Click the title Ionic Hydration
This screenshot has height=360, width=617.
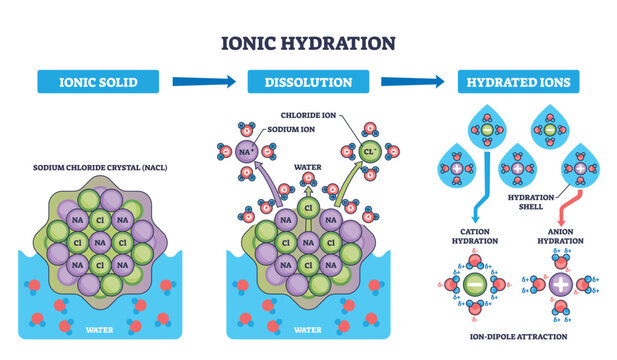click(x=308, y=43)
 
